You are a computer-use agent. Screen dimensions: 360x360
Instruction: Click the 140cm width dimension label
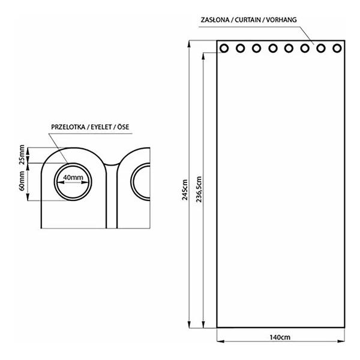click(280, 337)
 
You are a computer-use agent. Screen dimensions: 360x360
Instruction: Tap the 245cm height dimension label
click(185, 190)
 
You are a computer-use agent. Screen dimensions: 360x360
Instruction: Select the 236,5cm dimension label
click(199, 189)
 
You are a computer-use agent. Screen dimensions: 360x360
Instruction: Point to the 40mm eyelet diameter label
click(73, 178)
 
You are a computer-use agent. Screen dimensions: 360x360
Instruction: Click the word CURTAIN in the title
click(248, 20)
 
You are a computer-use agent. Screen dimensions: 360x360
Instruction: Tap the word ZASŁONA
click(215, 20)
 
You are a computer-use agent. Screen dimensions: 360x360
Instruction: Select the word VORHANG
click(281, 20)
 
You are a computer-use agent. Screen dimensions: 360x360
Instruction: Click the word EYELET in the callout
click(101, 127)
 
